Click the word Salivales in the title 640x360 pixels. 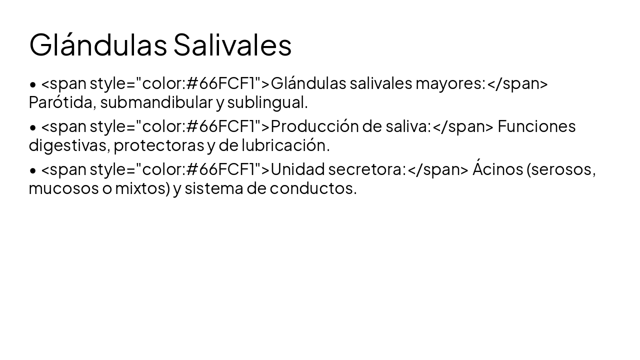coord(232,45)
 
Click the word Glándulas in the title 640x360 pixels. coord(98,45)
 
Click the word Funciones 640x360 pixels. coord(536,126)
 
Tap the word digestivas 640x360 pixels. coord(68,145)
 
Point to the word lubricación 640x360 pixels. coord(285,145)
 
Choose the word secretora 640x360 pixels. coord(365,169)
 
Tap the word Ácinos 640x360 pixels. coord(497,169)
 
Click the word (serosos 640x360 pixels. coord(560,169)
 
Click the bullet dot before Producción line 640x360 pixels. coord(33,127)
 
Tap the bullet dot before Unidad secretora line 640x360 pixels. coord(33,170)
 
